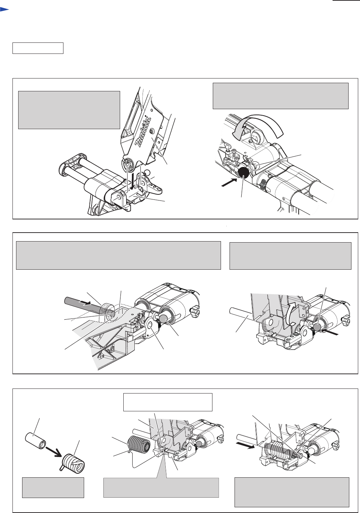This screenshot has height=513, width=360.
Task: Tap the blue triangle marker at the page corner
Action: [x=4, y=9]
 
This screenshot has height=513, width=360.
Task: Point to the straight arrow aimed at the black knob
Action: [x=229, y=183]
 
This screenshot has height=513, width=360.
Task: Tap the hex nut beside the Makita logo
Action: [x=152, y=131]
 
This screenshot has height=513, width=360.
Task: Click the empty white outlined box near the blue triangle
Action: [x=38, y=48]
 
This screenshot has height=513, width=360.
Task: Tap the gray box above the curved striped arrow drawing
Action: [x=281, y=96]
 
